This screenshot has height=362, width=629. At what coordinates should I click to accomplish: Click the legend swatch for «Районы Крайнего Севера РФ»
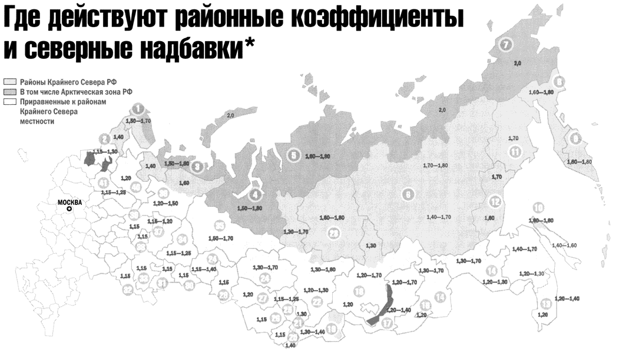pyautogui.click(x=10, y=82)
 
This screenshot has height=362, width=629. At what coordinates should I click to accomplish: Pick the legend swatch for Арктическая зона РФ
pyautogui.click(x=10, y=92)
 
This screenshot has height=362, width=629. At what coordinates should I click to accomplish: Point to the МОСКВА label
pyautogui.click(x=69, y=202)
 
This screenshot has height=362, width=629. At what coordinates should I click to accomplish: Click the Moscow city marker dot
pyautogui.click(x=69, y=209)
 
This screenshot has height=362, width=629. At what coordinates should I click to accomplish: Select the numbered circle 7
pyautogui.click(x=505, y=44)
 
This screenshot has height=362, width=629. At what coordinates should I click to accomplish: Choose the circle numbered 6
pyautogui.click(x=406, y=194)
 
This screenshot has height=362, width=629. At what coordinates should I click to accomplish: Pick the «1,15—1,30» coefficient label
pyautogui.click(x=105, y=152)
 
